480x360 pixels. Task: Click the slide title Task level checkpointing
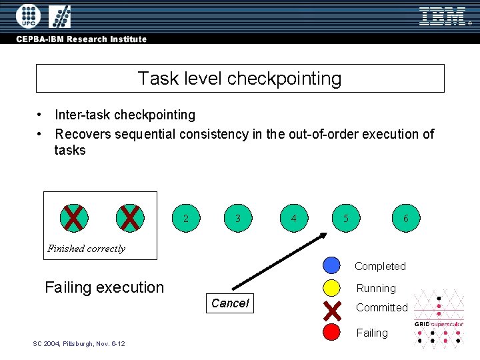pos(239,79)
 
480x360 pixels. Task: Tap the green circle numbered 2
pos(185,218)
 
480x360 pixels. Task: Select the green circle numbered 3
pos(238,218)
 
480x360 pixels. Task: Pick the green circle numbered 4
pos(294,218)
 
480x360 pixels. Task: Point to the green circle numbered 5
pos(345,218)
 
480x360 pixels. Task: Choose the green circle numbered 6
pos(406,218)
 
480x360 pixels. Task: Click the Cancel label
pos(229,303)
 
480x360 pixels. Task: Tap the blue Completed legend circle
pos(331,265)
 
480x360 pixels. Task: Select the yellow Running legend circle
pos(331,288)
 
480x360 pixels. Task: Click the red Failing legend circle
pos(331,332)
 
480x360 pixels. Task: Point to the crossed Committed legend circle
pos(331,310)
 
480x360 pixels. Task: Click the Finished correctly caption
pos(86,249)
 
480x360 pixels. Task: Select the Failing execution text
pos(104,287)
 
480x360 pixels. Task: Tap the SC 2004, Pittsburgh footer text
pos(79,343)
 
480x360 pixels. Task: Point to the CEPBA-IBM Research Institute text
pos(82,39)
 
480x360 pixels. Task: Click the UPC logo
pos(28,15)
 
